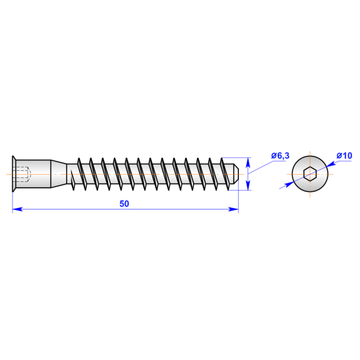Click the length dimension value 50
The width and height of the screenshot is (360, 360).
[x=124, y=204]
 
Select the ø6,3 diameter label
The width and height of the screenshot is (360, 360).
[x=279, y=155]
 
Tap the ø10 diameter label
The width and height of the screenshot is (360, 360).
[x=344, y=155]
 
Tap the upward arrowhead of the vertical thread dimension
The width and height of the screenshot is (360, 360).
[x=247, y=162]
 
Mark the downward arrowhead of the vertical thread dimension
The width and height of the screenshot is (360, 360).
[x=247, y=186]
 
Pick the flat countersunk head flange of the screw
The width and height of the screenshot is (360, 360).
[x=14, y=174]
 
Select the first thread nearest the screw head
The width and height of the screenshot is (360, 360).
[x=79, y=174]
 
